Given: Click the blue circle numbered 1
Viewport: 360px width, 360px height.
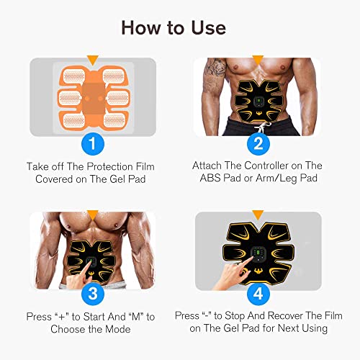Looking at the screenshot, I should tap(90, 143).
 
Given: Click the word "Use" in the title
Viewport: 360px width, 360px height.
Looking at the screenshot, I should tap(210, 27).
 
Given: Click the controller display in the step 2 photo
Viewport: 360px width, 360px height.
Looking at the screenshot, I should tap(258, 100).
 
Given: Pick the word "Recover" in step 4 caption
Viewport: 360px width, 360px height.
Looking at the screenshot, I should tap(281, 316).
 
